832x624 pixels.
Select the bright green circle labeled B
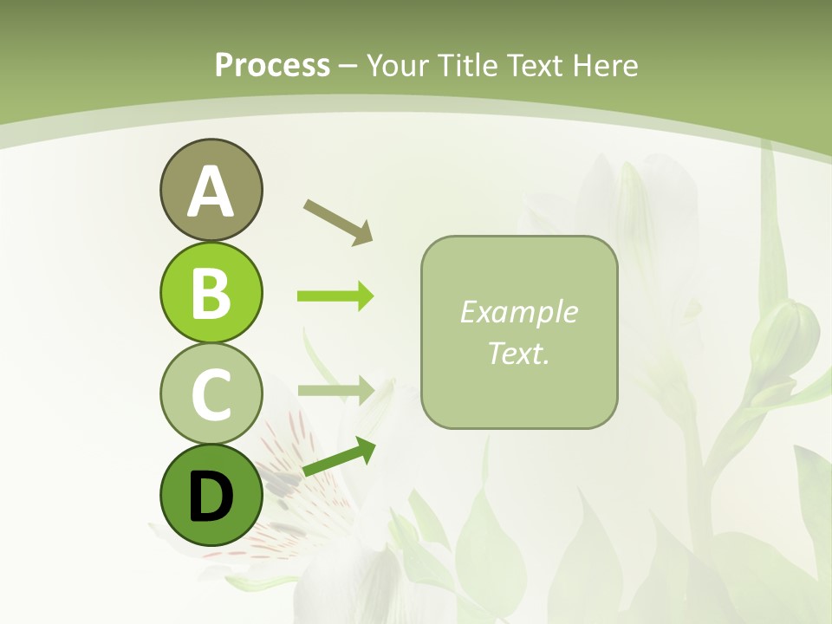[211, 292]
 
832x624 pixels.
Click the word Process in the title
[272, 66]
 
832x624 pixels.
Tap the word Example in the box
[518, 313]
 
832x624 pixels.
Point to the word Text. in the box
[518, 353]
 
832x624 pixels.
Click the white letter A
[211, 192]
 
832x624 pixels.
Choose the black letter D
[211, 497]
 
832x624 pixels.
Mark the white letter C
[211, 395]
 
